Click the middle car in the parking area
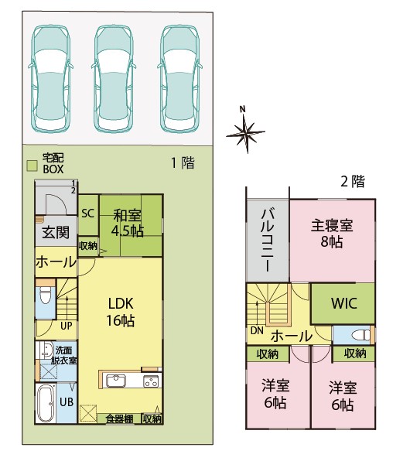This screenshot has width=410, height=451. (114, 79)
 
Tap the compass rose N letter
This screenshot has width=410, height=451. (243, 109)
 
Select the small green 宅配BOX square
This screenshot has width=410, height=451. (32, 166)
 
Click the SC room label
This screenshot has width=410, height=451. (88, 214)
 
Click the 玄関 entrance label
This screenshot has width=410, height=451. (56, 232)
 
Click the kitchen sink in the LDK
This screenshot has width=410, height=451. (116, 381)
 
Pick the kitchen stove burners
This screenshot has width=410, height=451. (152, 381)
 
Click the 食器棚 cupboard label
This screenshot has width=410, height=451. (119, 419)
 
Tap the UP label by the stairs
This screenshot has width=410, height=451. (67, 326)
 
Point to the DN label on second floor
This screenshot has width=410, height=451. (257, 330)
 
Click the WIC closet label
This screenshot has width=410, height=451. (344, 303)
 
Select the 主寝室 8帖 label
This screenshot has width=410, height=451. (332, 234)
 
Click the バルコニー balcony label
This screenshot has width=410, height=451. (268, 241)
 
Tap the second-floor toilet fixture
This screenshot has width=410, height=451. (362, 335)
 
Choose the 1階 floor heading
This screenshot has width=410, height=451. (183, 162)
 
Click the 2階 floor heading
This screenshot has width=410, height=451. (353, 182)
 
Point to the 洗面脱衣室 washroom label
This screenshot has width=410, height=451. (64, 356)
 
